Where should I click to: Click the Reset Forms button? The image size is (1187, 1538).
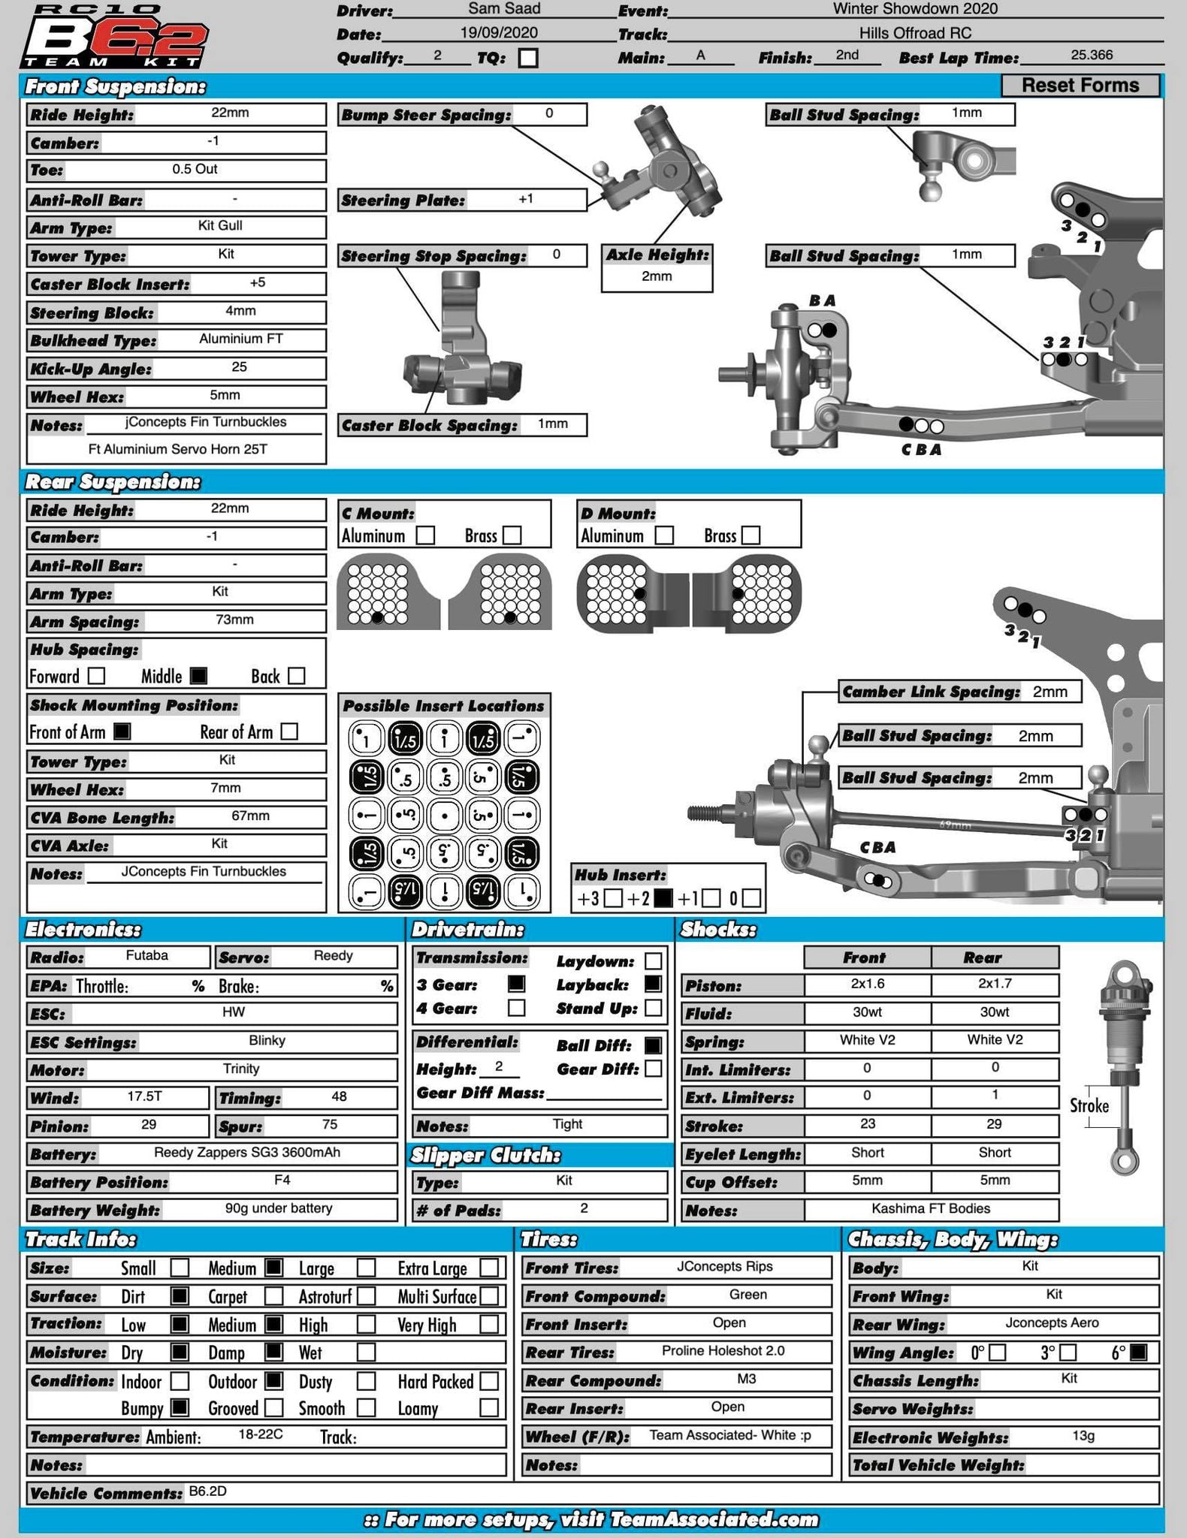click(x=1080, y=86)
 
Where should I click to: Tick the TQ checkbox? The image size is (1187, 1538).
click(x=528, y=58)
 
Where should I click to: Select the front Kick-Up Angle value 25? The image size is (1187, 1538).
click(x=239, y=367)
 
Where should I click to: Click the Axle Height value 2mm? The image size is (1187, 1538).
click(x=657, y=276)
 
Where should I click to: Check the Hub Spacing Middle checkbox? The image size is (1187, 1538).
click(x=198, y=675)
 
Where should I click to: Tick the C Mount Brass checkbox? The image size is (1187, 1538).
click(x=512, y=535)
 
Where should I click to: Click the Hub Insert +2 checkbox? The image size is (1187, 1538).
click(x=663, y=897)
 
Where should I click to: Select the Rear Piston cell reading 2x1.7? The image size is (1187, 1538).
click(x=995, y=984)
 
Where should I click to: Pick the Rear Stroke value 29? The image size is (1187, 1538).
click(x=995, y=1124)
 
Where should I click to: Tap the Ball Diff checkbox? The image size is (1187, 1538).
click(x=654, y=1045)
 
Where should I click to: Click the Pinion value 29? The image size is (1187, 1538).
click(x=149, y=1124)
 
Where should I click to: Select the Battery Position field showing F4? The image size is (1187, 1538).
click(x=282, y=1181)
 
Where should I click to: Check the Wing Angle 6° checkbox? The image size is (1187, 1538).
click(x=1138, y=1352)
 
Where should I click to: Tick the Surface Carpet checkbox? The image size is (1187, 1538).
click(x=274, y=1295)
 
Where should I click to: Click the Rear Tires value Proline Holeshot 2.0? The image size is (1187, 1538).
click(x=723, y=1351)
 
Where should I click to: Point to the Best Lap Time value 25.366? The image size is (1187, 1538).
click(x=1092, y=55)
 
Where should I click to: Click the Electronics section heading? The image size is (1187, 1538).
click(x=83, y=930)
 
